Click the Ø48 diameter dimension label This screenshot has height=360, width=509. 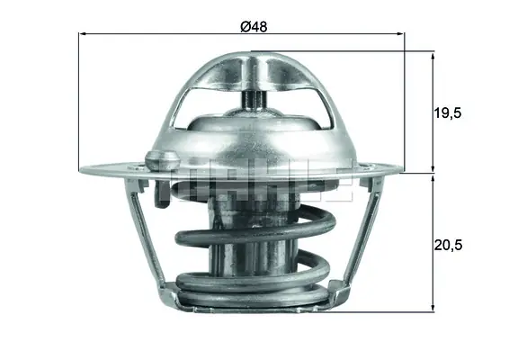click(253, 26)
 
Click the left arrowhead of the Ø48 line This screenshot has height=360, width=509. click(84, 34)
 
